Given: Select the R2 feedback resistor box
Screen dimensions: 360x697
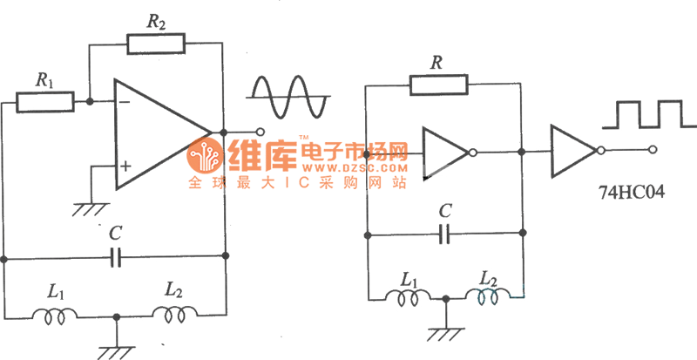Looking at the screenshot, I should point(155,42).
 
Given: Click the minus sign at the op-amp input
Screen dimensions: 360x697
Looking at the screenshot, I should point(124,101).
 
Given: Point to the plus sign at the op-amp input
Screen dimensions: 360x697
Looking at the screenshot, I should point(125,165).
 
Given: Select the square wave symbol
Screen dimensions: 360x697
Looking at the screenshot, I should point(636,114).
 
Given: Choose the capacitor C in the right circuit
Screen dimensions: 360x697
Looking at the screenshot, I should point(445,233).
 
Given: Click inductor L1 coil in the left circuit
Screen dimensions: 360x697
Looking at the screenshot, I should point(53,316).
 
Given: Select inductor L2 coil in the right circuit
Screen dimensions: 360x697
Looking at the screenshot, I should point(485,298).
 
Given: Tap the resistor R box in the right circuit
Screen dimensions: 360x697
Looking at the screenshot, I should point(439,85).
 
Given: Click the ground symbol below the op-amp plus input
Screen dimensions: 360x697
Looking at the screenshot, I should point(88,207).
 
